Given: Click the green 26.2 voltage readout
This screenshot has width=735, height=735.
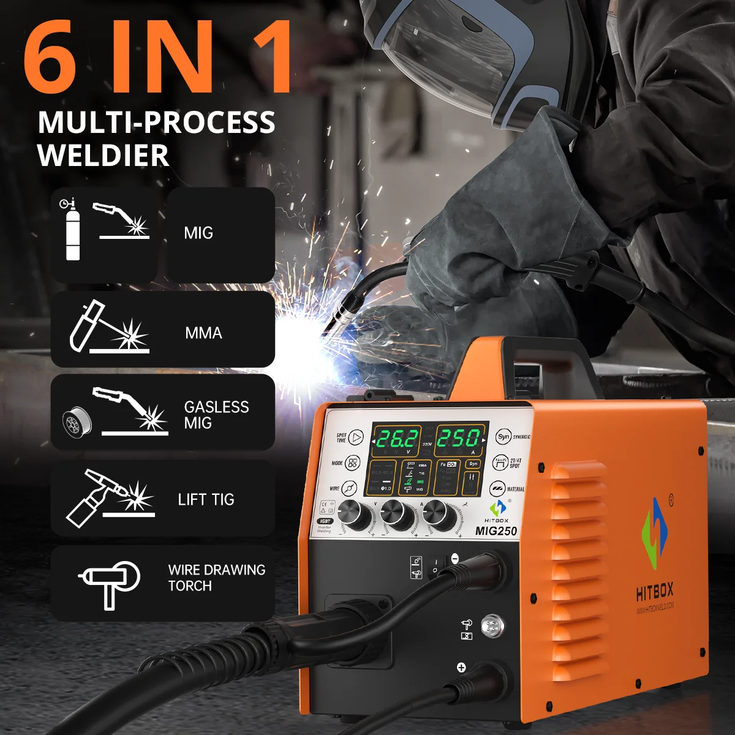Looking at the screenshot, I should click(x=397, y=439).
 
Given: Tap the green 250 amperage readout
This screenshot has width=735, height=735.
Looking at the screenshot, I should click(x=458, y=439).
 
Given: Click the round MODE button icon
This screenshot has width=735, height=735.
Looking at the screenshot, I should click(x=353, y=463).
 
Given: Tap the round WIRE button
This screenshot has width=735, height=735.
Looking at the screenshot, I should click(x=350, y=488).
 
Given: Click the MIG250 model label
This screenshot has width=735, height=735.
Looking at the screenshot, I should click(x=496, y=531).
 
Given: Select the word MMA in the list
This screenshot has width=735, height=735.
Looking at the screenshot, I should click(x=203, y=333).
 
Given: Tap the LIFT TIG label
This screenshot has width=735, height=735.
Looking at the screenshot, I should click(x=206, y=500).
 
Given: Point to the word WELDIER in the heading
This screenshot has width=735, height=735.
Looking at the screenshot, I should click(x=103, y=155).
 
